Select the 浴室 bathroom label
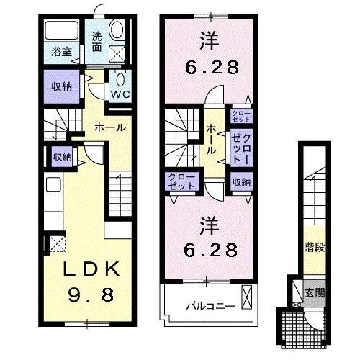point(61,51)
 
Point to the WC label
point(119,93)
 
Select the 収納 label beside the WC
point(61,86)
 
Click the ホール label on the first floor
point(112,127)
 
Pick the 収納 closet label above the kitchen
point(62,156)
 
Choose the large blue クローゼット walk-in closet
point(240,147)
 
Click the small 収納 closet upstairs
point(241,182)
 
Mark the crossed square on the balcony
point(248,295)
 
